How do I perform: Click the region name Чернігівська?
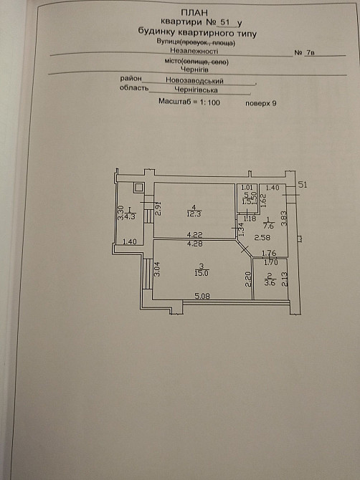pos(194,91)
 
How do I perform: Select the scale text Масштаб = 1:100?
pos(188,102)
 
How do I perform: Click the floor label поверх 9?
pos(260,102)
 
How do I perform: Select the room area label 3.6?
pos(270,282)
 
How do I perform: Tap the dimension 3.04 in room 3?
pos(158,270)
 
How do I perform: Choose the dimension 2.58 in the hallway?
pos(262,236)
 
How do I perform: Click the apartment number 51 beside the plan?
pos(302,185)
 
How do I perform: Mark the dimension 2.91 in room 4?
pos(158,210)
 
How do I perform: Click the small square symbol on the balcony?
pos(139,189)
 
